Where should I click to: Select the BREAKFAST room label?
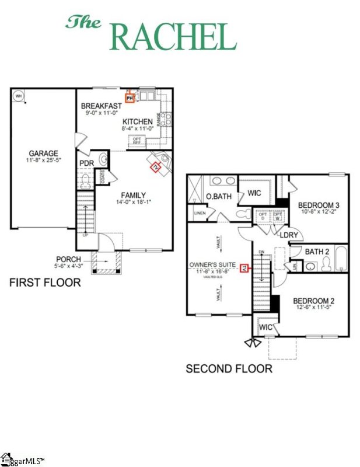pos(101,106)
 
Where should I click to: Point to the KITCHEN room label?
pos(138,121)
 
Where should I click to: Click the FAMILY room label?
pos(133,195)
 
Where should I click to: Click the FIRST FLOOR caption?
pos(45,283)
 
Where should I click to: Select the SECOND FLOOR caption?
pos(229,369)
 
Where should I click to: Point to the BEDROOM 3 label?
pos(319,205)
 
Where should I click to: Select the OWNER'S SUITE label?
pos(212,265)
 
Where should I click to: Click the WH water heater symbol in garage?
pos(18,96)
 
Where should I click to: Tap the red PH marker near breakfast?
pos(130,98)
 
